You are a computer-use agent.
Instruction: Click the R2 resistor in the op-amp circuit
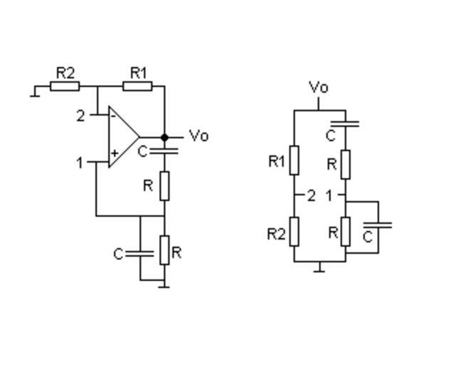64,86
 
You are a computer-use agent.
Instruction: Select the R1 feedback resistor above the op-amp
137,86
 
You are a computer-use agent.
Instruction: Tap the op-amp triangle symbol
123,137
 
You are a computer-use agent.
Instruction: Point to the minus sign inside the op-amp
113,115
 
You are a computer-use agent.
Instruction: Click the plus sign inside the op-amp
114,153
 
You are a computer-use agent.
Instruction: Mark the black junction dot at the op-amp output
165,137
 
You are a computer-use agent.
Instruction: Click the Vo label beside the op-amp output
199,136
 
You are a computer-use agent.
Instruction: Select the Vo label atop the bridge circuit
318,88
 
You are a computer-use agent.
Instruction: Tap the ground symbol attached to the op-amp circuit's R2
35,92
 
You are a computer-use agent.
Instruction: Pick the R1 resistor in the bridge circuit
294,160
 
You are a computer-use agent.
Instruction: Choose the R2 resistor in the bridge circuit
294,232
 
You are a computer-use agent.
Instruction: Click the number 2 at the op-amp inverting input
81,115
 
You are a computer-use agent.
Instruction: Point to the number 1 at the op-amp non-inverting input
81,163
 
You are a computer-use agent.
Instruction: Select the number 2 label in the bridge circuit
311,195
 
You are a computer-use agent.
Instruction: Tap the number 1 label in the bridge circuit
329,195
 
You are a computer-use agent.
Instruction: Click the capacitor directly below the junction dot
165,151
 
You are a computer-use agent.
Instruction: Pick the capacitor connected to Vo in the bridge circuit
346,124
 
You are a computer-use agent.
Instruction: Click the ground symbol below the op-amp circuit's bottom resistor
165,284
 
